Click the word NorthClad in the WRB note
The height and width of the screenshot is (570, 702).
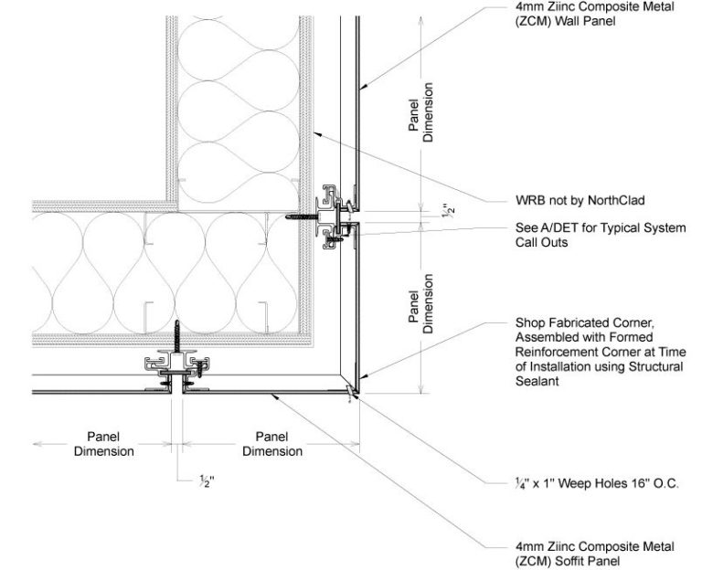click(x=623, y=199)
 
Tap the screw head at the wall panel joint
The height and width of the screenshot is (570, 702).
click(x=291, y=217)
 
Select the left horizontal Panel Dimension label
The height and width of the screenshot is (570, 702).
click(x=104, y=444)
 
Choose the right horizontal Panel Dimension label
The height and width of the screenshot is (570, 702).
click(x=272, y=444)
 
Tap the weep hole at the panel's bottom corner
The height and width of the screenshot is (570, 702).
click(x=351, y=393)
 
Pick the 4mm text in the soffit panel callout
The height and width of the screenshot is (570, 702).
click(x=531, y=546)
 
